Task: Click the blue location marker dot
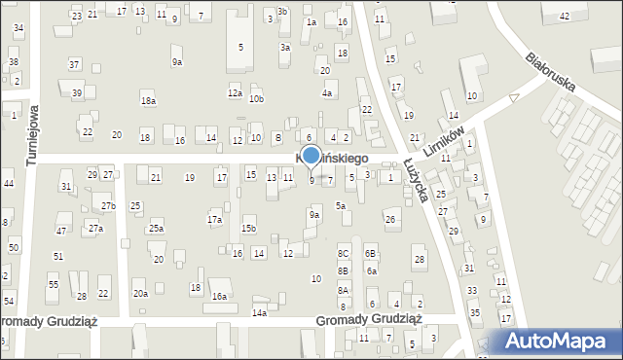click(x=311, y=156)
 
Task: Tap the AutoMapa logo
click(x=560, y=342)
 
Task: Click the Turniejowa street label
click(x=31, y=136)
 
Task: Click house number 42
click(x=565, y=17)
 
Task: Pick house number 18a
click(x=148, y=100)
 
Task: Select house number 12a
click(x=235, y=93)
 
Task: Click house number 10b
click(x=256, y=99)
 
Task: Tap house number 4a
click(x=328, y=93)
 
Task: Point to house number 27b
click(x=109, y=206)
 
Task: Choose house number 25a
click(x=156, y=229)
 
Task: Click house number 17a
click(x=214, y=220)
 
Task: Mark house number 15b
click(x=249, y=229)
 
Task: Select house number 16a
click(x=220, y=296)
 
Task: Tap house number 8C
click(x=343, y=254)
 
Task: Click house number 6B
click(x=370, y=254)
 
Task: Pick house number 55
click(x=54, y=284)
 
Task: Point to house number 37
click(x=74, y=64)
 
